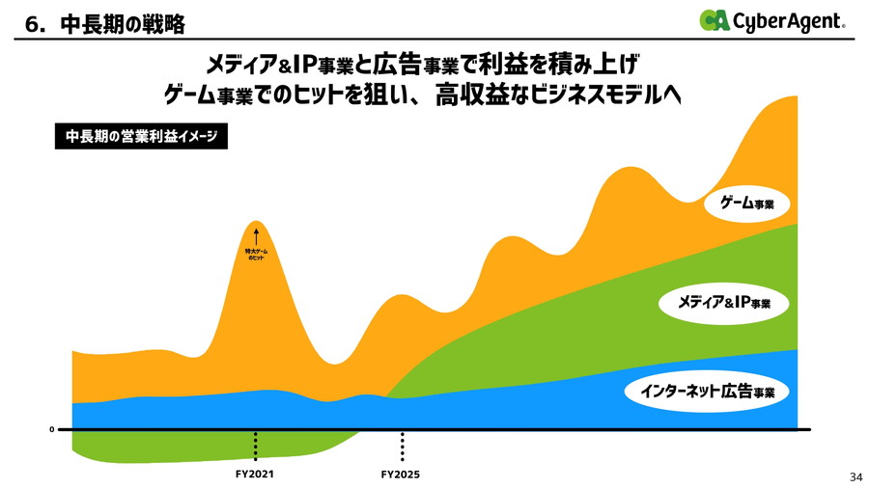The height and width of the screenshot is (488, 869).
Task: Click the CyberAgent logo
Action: (772, 20)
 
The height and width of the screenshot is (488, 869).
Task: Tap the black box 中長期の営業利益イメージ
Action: (141, 138)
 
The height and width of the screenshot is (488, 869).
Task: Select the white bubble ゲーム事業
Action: (748, 203)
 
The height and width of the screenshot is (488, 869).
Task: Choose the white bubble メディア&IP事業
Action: (724, 303)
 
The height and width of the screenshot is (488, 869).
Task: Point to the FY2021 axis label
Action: (256, 474)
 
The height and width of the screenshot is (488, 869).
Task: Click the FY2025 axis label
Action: (401, 474)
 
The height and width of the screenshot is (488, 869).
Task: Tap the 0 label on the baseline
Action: (51, 429)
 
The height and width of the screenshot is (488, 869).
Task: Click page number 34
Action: (855, 476)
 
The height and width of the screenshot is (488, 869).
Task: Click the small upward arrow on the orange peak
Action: (256, 234)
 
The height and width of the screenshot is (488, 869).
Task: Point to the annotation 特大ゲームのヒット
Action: (256, 255)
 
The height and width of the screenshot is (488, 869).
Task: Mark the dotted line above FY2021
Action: (256, 447)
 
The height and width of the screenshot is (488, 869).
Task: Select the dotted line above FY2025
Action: (402, 447)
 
